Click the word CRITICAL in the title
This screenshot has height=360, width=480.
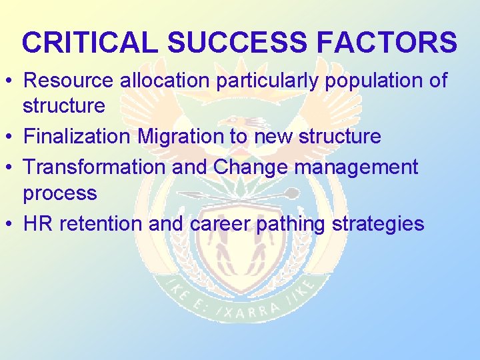[x=91, y=42]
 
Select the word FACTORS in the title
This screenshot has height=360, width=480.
[x=387, y=42]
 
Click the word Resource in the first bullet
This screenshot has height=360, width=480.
[x=69, y=81]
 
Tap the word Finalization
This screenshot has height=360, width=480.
[x=77, y=137]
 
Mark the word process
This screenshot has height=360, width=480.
[x=60, y=194]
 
